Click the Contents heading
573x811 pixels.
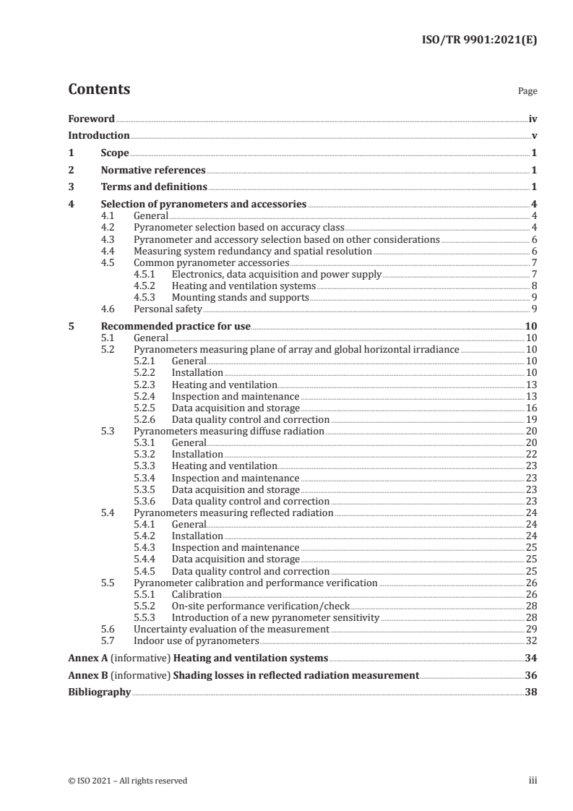click(x=99, y=90)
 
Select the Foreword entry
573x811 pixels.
click(x=91, y=119)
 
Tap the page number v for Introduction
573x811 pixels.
click(x=533, y=136)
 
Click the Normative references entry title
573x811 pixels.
click(x=153, y=171)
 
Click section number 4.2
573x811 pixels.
click(x=108, y=227)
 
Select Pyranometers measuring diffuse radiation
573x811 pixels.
click(x=229, y=431)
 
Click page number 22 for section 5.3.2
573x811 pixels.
click(x=530, y=454)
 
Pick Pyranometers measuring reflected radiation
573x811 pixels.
click(x=233, y=512)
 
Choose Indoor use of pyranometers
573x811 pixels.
click(x=197, y=640)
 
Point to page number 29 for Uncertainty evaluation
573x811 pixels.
click(x=530, y=629)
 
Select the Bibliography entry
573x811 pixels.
click(x=99, y=692)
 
